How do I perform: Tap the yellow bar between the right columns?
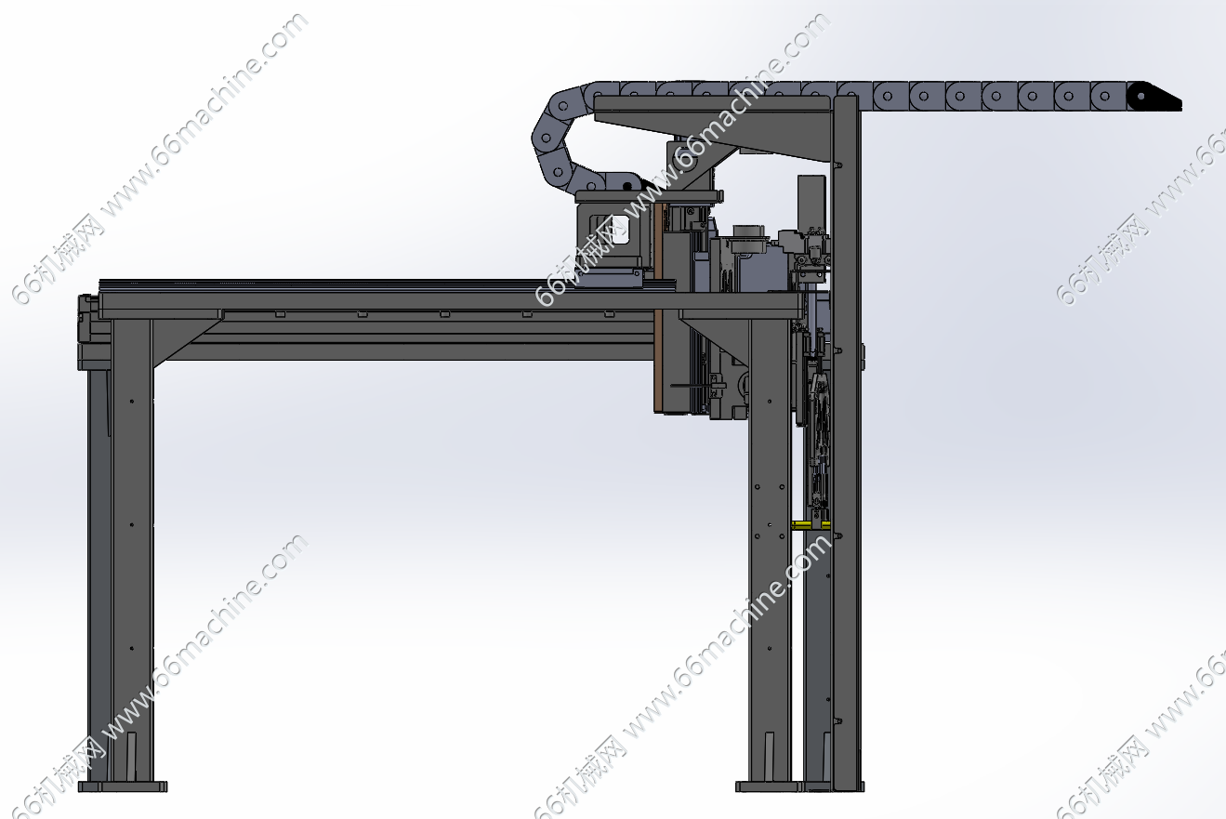point(811,525)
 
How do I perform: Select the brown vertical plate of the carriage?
point(659,307)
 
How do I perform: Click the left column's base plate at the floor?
point(123,786)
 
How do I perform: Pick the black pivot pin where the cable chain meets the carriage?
point(627,186)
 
